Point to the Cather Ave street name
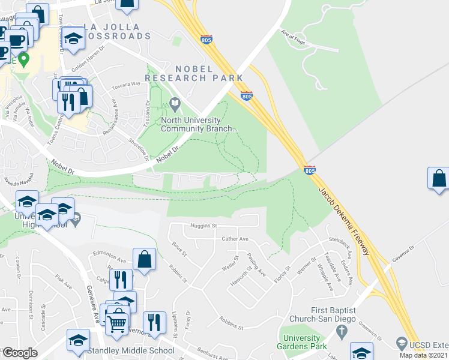point(235,239)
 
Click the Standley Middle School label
point(131,350)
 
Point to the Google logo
point(20,352)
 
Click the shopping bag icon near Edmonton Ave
point(145,259)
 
